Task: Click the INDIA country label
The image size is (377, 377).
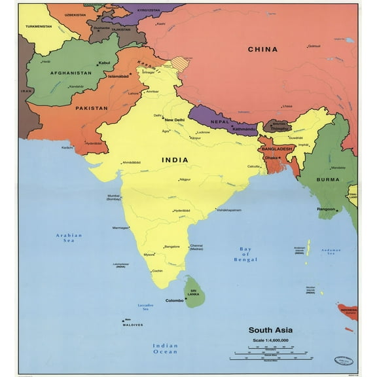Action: (175, 160)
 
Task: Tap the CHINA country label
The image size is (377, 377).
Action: (262, 49)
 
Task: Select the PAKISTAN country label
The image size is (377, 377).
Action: (91, 108)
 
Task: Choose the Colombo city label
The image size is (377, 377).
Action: (175, 300)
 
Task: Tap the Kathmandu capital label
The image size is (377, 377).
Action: (243, 130)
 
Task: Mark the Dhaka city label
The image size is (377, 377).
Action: (270, 158)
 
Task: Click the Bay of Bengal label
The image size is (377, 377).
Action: (245, 255)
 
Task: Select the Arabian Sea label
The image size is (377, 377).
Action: (69, 238)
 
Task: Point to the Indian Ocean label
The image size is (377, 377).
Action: (165, 348)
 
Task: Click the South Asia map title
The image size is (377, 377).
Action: (270, 330)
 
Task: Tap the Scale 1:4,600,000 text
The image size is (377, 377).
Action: (271, 340)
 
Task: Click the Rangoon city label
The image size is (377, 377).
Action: (325, 209)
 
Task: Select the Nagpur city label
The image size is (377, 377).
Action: (185, 179)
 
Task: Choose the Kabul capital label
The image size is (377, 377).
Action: (104, 63)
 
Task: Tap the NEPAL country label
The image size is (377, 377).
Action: (219, 122)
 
